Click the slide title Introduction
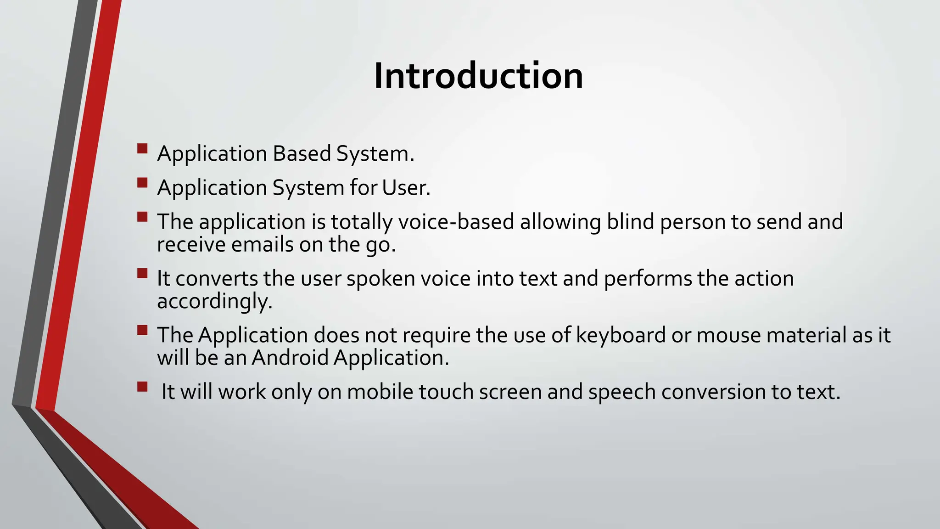478,76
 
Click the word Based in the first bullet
302,153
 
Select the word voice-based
456,222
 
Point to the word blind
630,222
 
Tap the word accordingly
214,302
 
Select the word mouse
728,335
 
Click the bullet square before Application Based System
142,148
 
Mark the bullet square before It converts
142,274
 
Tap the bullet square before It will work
142,387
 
